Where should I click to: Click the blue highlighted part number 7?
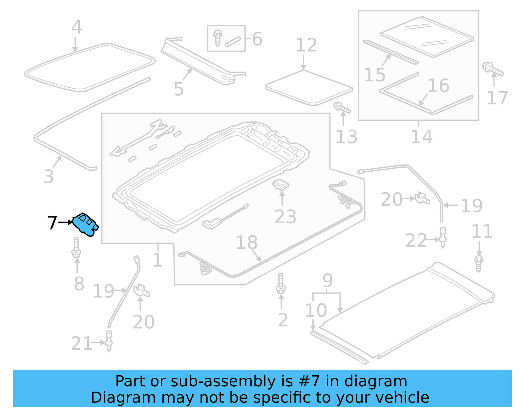(x=85, y=224)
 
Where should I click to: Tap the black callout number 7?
(x=52, y=223)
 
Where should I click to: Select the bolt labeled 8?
(x=76, y=248)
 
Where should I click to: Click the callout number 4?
(x=76, y=27)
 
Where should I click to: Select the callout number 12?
(x=306, y=45)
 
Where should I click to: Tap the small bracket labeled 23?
(x=281, y=185)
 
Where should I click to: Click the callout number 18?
(x=247, y=243)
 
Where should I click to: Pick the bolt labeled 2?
(x=281, y=283)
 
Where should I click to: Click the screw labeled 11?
(x=479, y=263)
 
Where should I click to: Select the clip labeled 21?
(x=109, y=341)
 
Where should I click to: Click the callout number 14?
(x=422, y=137)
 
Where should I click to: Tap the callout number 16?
(x=438, y=86)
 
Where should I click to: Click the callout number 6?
(x=257, y=39)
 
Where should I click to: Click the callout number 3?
(x=49, y=177)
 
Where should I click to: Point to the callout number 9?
(x=327, y=281)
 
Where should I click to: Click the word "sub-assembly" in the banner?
(x=223, y=381)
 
